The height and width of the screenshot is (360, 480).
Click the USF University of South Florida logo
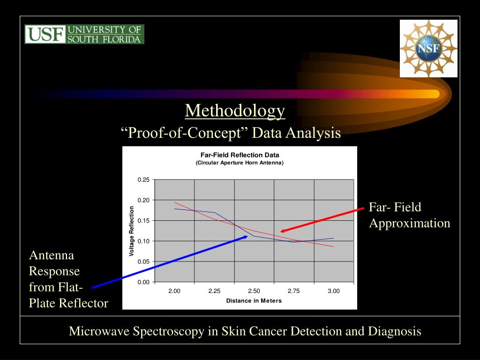click(x=84, y=34)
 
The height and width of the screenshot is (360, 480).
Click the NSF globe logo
click(x=428, y=48)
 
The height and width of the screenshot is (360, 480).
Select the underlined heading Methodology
click(x=235, y=111)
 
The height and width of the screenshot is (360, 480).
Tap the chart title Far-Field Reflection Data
click(x=240, y=155)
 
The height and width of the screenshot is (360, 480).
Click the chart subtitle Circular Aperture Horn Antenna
click(x=240, y=163)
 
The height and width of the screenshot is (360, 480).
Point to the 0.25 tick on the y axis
click(x=143, y=180)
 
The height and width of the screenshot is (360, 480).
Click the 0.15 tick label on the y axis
click(x=143, y=220)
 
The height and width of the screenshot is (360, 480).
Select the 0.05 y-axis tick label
click(x=143, y=262)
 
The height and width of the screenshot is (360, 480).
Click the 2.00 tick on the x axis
click(x=174, y=291)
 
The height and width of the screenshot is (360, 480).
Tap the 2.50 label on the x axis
click(x=254, y=291)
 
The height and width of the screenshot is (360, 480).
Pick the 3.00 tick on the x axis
click(x=334, y=291)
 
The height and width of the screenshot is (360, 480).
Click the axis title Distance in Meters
click(x=254, y=300)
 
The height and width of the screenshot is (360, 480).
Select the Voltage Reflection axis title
click(x=132, y=231)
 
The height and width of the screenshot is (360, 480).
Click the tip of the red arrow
click(x=281, y=231)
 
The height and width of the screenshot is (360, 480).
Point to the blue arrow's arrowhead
click(x=247, y=236)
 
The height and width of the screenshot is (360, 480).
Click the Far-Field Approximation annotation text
click(x=409, y=215)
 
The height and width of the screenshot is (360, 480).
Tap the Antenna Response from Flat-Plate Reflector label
click(x=68, y=279)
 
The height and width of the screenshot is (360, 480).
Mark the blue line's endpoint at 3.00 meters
click(x=334, y=238)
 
